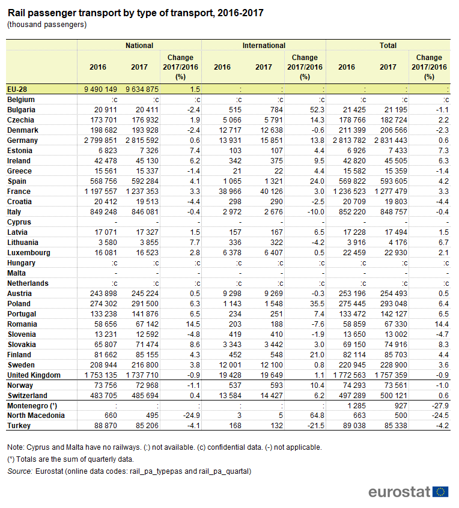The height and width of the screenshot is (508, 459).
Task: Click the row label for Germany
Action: pos(22,141)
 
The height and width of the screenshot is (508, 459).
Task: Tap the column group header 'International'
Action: pos(264,45)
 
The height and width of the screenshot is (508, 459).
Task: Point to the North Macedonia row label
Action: pos(35,416)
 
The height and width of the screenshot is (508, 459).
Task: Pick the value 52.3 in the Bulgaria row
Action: pos(316,110)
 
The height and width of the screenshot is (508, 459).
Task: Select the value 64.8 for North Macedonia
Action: pos(316,416)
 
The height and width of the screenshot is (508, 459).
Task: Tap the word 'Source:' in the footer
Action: pos(20,471)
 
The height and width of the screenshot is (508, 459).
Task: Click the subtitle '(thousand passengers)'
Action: pos(47,25)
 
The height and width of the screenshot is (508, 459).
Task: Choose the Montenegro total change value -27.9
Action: pos(439,405)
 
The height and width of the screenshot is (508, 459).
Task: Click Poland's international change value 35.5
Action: pos(316,304)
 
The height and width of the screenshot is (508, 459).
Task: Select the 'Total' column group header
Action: pos(388,45)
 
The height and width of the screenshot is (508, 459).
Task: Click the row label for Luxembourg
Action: pos(29,253)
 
